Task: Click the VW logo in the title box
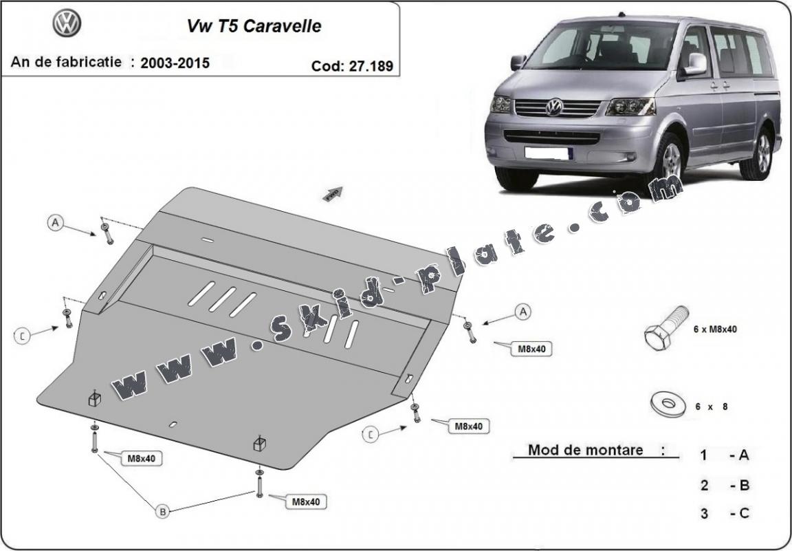tap(67, 23)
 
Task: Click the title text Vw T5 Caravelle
tap(254, 26)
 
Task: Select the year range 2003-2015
tap(175, 63)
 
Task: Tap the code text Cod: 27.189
tap(352, 66)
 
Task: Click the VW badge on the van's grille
tap(554, 107)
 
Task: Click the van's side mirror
tap(695, 64)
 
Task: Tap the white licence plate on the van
tap(549, 153)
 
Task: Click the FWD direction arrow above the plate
tap(333, 194)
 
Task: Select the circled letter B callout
tap(163, 512)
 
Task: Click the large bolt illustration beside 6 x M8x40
tap(666, 329)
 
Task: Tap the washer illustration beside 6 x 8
tap(668, 404)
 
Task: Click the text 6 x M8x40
tap(715, 329)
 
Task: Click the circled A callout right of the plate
tap(522, 312)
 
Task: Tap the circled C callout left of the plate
tap(22, 335)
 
